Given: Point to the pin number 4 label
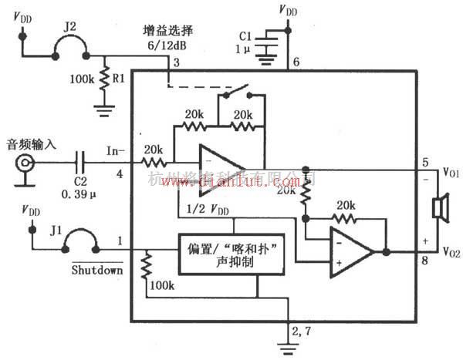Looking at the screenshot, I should pos(119,174).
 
